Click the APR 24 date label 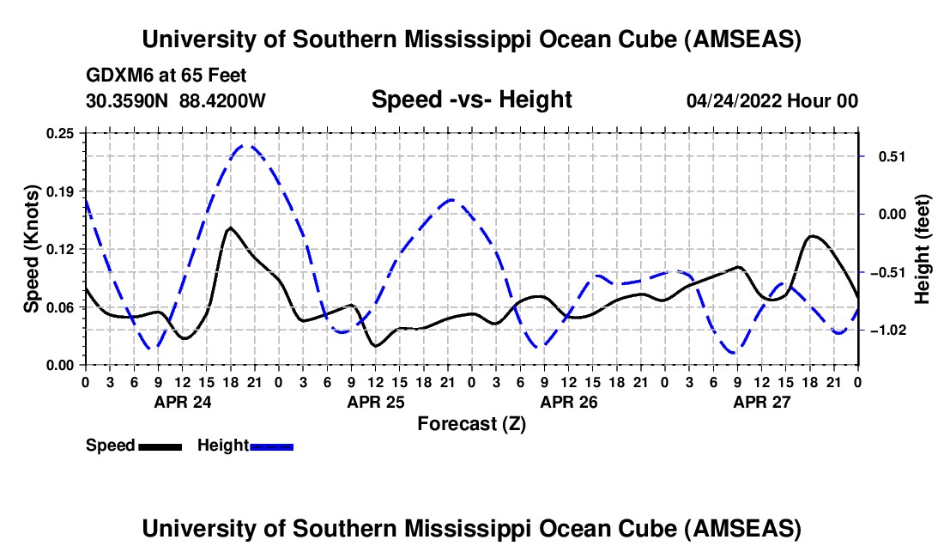click(183, 402)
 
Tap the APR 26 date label click(569, 402)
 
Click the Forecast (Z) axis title click(471, 423)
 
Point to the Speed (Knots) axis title click(32, 248)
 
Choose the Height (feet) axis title click(923, 249)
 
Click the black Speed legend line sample click(160, 446)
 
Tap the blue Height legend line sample click(272, 446)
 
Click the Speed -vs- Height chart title click(471, 100)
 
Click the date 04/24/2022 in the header click(734, 101)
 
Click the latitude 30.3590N click(129, 101)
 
